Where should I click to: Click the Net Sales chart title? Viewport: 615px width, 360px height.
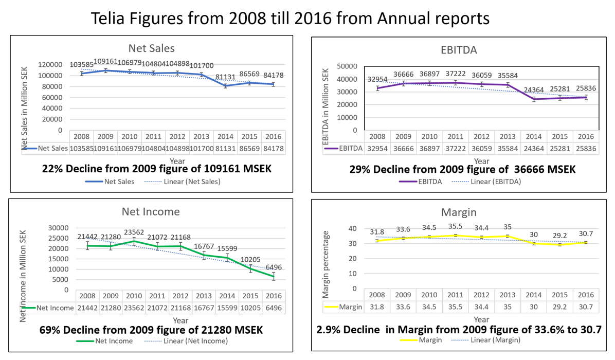(x=152, y=48)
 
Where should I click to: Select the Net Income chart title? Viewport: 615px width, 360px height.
(x=151, y=211)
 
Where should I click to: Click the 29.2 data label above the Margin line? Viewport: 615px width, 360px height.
(x=561, y=238)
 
